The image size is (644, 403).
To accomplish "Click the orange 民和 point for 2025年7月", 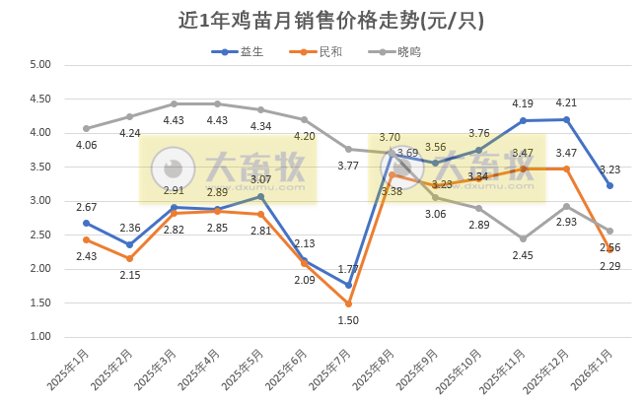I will point(348,303).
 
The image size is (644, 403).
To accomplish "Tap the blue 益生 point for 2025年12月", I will point(566,119).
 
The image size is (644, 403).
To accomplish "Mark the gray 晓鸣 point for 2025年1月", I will point(86,128).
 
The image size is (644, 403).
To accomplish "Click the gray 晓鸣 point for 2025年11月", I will point(523,238).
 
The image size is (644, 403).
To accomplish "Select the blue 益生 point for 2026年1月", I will point(609,185).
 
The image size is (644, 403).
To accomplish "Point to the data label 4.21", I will point(566,102).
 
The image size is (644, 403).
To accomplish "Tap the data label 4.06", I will point(87,144).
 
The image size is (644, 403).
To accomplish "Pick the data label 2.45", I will point(523,255).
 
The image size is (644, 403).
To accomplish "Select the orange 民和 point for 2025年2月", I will point(129,258).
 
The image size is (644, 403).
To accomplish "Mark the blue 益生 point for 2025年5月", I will point(260,196).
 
